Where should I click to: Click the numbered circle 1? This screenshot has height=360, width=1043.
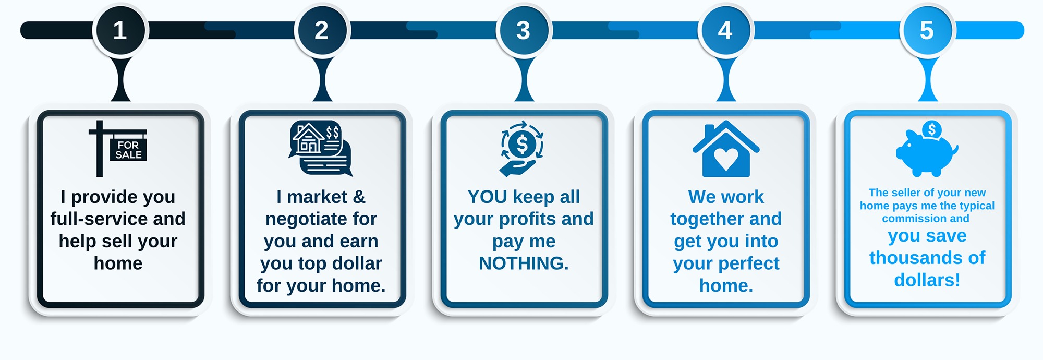point(120,30)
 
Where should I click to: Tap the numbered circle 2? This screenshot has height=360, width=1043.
point(322,30)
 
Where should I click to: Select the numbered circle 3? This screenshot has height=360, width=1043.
point(524,30)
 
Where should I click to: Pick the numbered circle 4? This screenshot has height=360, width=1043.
point(725,30)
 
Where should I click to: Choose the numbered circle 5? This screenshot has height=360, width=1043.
point(927,30)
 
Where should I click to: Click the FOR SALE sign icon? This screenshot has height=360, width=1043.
point(118,149)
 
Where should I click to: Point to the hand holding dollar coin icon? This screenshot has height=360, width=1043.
point(522,149)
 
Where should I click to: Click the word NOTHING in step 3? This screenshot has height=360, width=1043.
point(524,263)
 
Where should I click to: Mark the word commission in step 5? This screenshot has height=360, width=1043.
point(907,219)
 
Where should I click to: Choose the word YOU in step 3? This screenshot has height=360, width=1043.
point(488,197)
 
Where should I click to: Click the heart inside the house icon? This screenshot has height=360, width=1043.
point(726,159)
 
